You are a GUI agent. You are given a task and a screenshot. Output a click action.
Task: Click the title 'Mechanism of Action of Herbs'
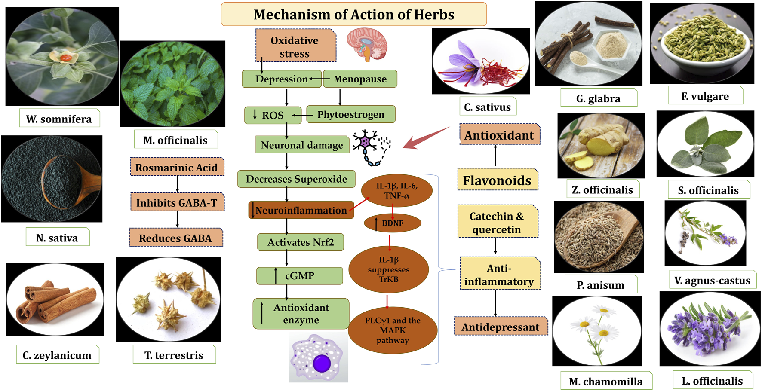(353, 15)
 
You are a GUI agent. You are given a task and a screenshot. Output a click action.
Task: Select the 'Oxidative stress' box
(295, 46)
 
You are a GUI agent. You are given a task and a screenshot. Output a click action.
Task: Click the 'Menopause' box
(360, 79)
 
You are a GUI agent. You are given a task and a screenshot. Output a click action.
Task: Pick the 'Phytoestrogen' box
(350, 115)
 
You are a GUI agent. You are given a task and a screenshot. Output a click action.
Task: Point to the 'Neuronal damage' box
(302, 145)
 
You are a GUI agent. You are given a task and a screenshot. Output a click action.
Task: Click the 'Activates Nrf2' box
(301, 242)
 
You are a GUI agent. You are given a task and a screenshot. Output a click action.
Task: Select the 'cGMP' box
(300, 276)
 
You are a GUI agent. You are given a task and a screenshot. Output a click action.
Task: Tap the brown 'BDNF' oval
(392, 223)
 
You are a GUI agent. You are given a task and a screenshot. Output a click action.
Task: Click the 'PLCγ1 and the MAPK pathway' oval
(393, 330)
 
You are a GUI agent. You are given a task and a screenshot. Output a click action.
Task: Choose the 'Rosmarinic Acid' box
(177, 168)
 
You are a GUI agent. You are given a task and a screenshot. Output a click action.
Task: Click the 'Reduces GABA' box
(175, 238)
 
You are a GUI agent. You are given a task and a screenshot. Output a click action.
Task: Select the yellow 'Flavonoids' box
(497, 180)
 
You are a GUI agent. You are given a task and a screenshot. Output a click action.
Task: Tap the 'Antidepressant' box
(501, 327)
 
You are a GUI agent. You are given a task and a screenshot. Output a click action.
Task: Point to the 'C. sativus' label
(487, 107)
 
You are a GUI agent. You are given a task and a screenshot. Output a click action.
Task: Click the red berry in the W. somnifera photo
(65, 57)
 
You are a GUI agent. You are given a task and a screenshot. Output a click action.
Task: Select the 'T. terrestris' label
(174, 355)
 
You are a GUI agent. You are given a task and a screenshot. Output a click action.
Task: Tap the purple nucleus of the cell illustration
(321, 364)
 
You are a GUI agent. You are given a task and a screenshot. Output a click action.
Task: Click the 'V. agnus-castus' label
(712, 281)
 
